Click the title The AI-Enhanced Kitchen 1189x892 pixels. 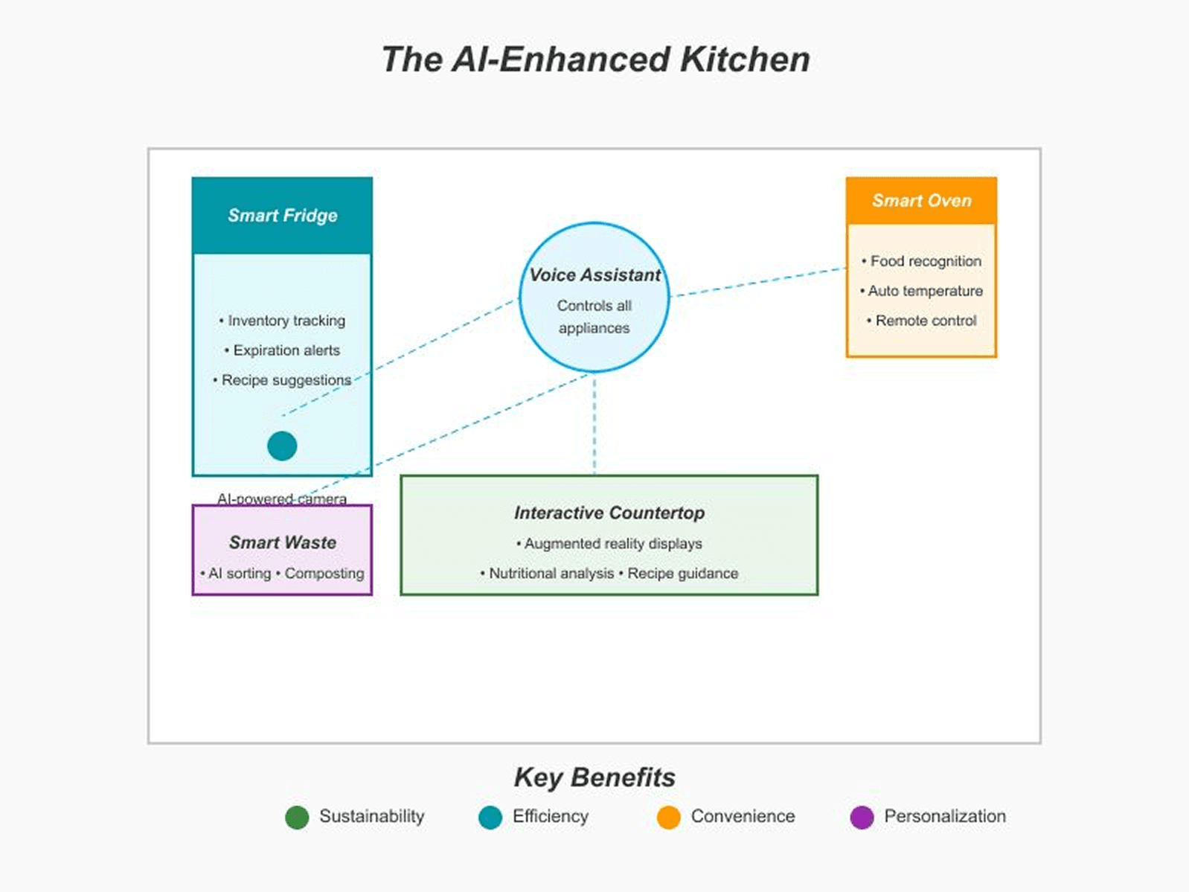(595, 60)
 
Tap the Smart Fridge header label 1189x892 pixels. (282, 216)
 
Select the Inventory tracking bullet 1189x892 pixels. (283, 321)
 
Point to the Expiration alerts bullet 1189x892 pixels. (283, 350)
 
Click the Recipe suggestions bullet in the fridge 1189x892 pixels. (283, 380)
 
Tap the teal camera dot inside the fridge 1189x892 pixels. (282, 446)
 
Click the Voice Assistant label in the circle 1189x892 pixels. (594, 275)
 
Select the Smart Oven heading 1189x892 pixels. (921, 201)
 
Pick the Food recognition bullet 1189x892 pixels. (922, 261)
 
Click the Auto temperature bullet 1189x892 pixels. (922, 291)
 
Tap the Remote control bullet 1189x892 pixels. (922, 321)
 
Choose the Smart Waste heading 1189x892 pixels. (282, 542)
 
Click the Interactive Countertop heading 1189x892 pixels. (609, 513)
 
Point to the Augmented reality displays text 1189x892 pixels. (609, 544)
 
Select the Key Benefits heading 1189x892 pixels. (594, 777)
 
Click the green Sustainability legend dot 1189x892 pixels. (297, 817)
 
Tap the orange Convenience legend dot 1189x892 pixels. (669, 817)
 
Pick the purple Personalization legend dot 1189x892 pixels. (862, 817)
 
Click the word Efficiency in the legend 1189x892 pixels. (550, 816)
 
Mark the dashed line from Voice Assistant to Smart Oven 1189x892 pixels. (759, 282)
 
